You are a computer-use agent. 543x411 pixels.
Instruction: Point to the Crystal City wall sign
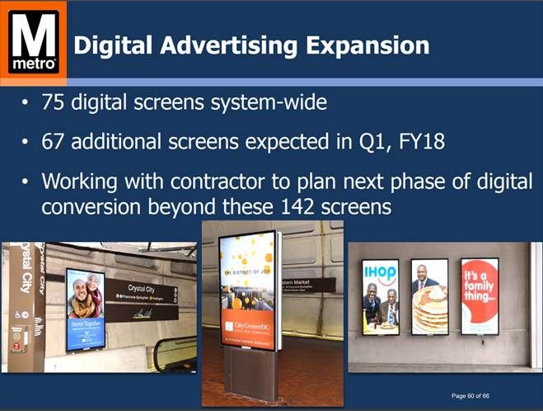click(x=147, y=302)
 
